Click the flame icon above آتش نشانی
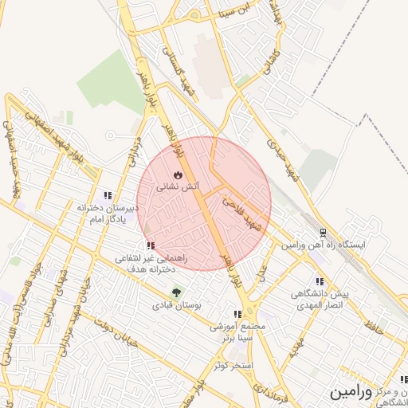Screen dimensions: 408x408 coord(178,174)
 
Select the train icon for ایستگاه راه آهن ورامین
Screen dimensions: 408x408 coord(322,233)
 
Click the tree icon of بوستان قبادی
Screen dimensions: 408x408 coord(176,292)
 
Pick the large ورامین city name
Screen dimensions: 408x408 coord(349,393)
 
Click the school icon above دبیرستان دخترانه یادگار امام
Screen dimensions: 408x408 coord(107,195)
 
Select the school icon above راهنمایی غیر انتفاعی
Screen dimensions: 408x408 coord(151,245)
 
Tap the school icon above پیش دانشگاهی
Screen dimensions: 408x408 coord(320,281)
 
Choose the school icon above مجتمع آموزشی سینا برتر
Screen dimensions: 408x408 coord(237,314)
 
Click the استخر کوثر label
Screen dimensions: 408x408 coord(233,365)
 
